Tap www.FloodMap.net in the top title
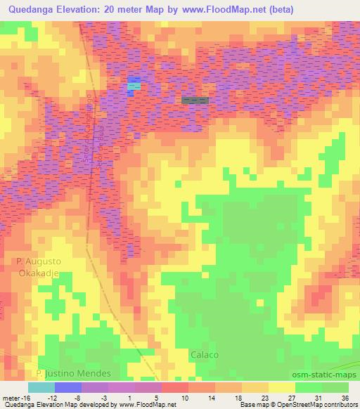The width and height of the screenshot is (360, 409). click(x=226, y=10)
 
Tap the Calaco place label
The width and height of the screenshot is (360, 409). click(x=205, y=355)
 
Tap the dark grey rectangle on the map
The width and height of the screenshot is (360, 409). click(x=195, y=100)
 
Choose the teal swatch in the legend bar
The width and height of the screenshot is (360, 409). click(x=41, y=388)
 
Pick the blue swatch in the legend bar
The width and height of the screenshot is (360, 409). click(x=67, y=388)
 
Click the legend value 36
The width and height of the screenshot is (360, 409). click(x=345, y=398)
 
